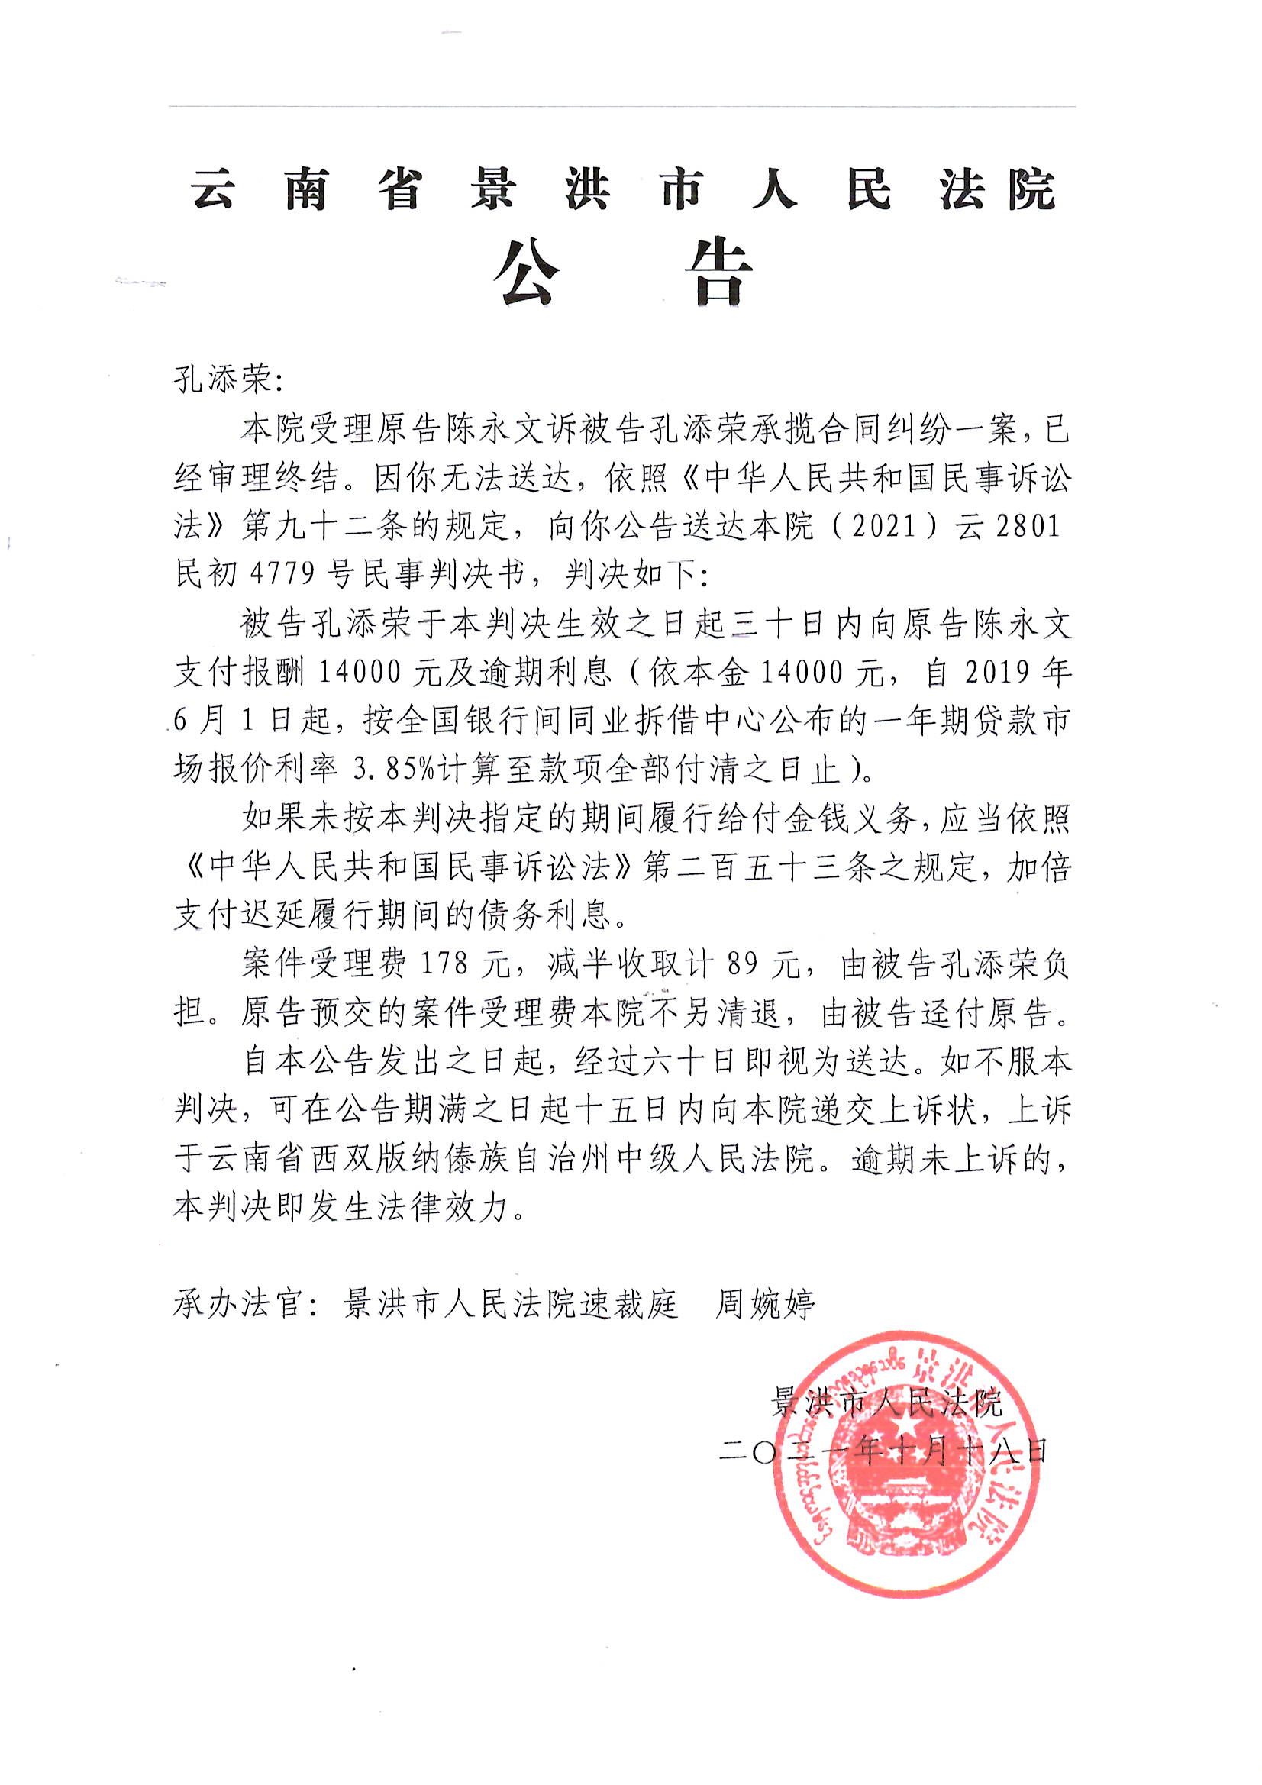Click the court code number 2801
point(1028,526)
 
